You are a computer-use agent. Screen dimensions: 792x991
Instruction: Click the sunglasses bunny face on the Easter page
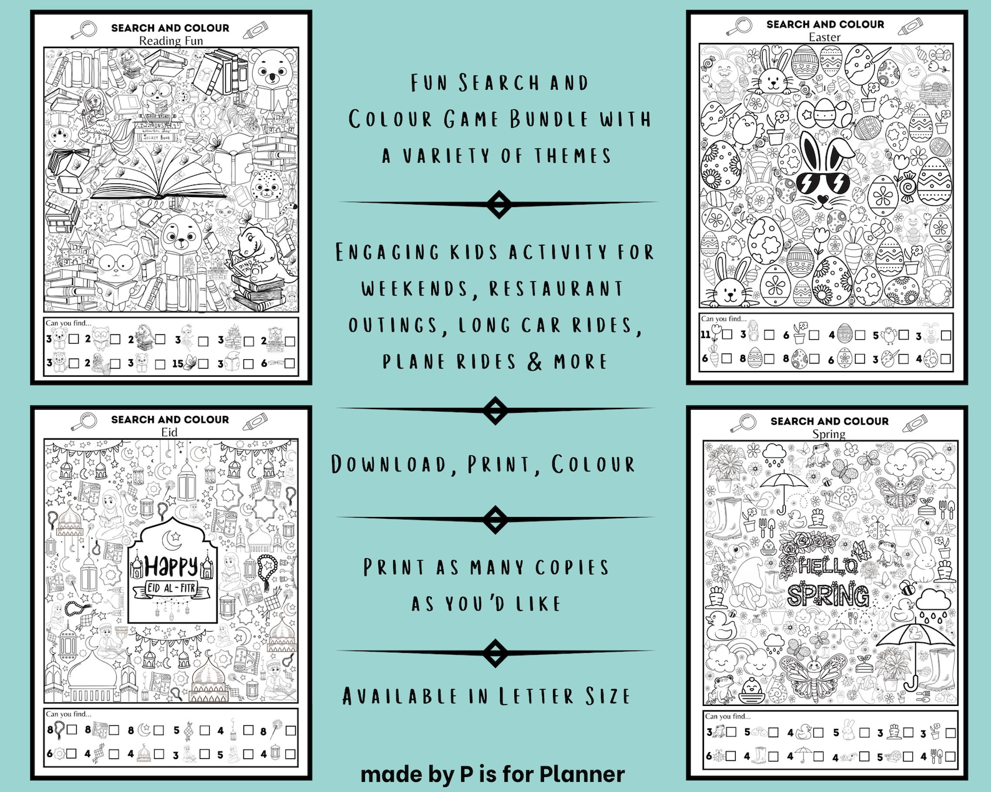(x=822, y=175)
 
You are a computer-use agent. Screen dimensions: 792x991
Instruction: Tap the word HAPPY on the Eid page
(x=171, y=566)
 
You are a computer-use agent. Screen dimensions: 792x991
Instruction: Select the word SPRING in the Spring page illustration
(x=828, y=596)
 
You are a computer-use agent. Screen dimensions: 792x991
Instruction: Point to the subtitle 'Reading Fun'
(x=170, y=41)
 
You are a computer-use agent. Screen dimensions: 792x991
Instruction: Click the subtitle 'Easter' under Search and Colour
(x=824, y=37)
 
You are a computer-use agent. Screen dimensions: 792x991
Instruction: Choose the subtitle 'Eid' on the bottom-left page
(x=169, y=432)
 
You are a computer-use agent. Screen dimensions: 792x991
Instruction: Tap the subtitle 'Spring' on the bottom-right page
(x=829, y=434)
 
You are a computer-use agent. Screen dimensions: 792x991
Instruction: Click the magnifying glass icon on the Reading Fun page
(x=85, y=29)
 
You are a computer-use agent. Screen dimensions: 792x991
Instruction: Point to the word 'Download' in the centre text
(x=389, y=465)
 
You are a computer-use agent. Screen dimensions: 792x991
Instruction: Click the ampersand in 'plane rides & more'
(x=535, y=361)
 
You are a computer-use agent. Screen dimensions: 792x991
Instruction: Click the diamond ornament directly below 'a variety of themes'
(x=499, y=204)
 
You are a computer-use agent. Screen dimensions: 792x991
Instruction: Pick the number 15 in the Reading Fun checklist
(x=178, y=363)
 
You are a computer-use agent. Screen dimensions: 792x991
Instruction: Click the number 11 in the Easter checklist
(x=706, y=334)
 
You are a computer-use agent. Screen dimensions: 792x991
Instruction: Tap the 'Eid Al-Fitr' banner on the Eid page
(x=171, y=588)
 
